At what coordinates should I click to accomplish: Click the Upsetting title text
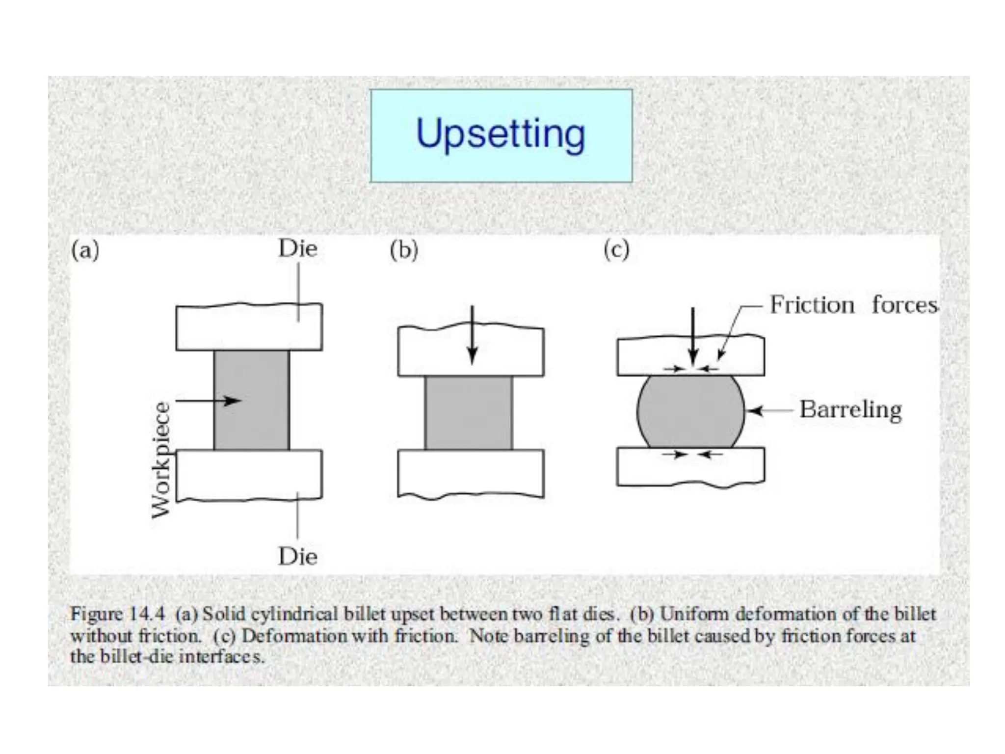coord(501,134)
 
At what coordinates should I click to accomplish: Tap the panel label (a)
coord(85,250)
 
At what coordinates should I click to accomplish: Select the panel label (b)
coord(404,250)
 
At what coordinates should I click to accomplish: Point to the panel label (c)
coord(616,250)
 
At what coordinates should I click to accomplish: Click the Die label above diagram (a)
coord(298,248)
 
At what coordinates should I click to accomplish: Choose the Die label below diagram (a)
coord(298,557)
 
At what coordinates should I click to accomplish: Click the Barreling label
coord(850,410)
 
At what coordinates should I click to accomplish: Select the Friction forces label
coord(853,305)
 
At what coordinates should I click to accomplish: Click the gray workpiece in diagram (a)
coord(251,422)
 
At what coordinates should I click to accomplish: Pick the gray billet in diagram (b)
coord(469,413)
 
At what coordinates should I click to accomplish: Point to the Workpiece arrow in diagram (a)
coord(208,401)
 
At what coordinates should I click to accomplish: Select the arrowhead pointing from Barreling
coord(754,410)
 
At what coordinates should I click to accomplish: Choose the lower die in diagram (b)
coord(471,473)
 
